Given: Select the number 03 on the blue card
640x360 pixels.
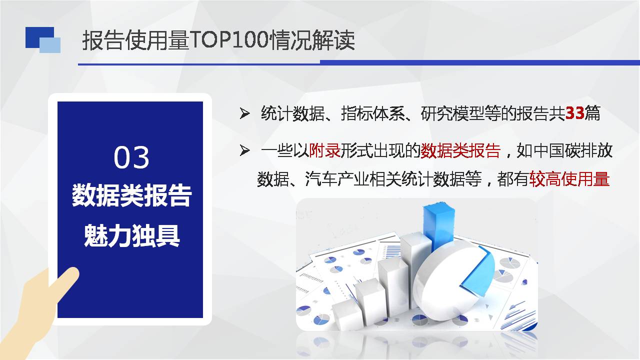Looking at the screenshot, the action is point(131,157).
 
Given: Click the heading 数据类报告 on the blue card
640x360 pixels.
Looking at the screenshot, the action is point(131,195).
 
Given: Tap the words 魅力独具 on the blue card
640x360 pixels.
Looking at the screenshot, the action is point(131,236).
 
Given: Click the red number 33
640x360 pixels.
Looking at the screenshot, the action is point(574,113).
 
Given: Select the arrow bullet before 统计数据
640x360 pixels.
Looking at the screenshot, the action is point(244,113).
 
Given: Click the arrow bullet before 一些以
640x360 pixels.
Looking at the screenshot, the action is point(244,150).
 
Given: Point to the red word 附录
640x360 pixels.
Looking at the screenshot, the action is point(325,150).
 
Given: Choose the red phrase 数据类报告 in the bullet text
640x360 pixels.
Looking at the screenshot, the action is point(460,150).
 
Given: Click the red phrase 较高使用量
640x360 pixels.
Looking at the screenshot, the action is point(569,179).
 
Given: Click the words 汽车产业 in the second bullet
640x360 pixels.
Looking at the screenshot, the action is point(336,179).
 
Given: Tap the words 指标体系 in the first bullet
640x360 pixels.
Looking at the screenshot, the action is point(373,113).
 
